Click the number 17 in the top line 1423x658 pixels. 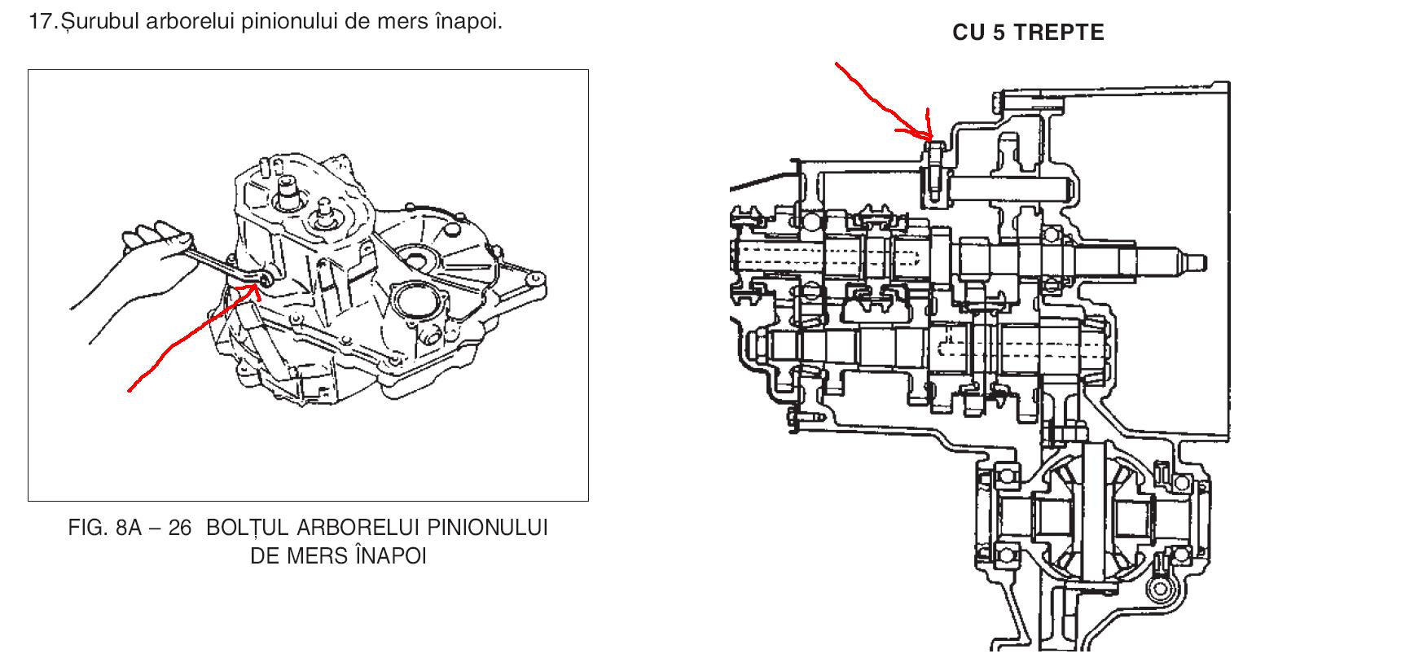42,22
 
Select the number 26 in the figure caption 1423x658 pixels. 179,529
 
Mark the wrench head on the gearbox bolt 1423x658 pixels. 265,280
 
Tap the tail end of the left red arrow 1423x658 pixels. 131,389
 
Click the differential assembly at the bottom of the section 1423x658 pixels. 1083,517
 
